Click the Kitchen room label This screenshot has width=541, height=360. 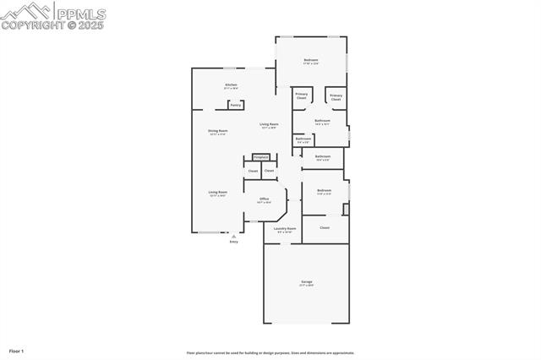pos(230,85)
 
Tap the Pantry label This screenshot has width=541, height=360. pos(236,106)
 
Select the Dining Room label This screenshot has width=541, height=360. pos(218,131)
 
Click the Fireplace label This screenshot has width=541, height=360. pos(261,157)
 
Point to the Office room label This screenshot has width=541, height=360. pos(264,199)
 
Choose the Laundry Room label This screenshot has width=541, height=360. pos(284,229)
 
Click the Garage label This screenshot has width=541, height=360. pos(306,282)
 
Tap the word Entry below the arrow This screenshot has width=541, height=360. pos(234,243)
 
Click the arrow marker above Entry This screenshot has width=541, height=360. pos(234,237)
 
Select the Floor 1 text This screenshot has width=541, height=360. pos(16,351)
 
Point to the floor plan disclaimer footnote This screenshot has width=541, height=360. pos(270,353)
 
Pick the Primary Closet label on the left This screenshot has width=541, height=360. pos(302,96)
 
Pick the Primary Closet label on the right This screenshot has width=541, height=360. pos(336,98)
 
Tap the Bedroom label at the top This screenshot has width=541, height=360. pos(311,61)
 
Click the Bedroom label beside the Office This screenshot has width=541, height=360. pos(325,191)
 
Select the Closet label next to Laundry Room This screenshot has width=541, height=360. pos(325,227)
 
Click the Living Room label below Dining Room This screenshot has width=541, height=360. pos(218,193)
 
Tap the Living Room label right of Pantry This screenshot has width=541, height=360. pos(269,125)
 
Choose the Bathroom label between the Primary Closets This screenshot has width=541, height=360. pos(322,121)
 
